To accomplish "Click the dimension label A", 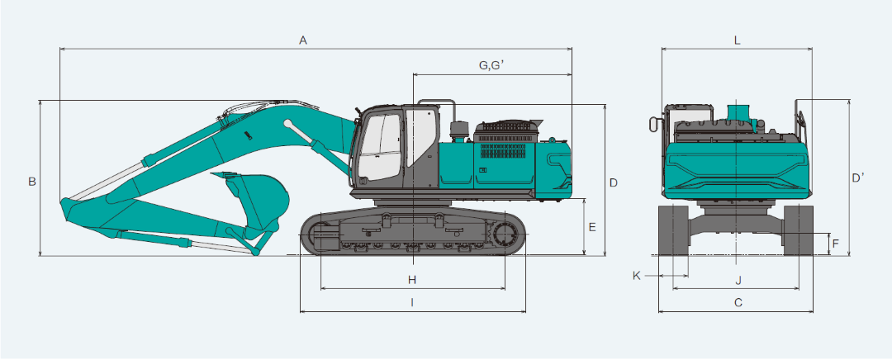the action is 303,40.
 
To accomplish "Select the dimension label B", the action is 32,182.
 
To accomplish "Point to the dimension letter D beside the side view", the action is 613,182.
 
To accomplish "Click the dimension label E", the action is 592,227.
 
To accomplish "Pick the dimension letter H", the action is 412,279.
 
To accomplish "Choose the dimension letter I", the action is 412,302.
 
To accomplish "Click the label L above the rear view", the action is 737,40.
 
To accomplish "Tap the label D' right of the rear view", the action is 858,178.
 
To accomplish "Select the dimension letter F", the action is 835,244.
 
